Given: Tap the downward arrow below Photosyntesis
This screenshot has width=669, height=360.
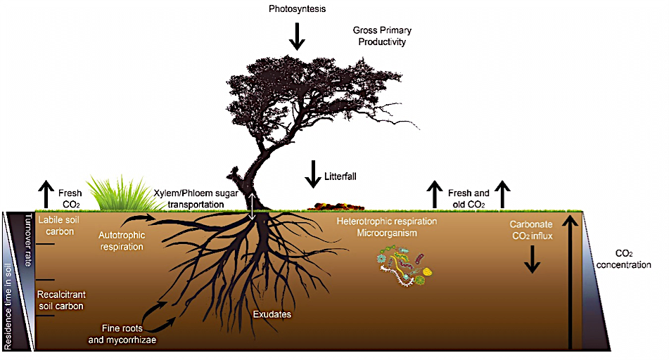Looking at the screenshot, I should tap(297, 36).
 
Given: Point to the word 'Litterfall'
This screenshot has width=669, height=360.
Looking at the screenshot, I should tap(340, 176).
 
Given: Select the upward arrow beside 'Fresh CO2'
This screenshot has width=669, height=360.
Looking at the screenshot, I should tap(46, 194).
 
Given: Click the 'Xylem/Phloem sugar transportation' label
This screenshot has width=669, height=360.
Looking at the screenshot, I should tap(189, 198).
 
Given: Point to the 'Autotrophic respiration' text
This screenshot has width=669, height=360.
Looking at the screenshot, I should tap(121, 240).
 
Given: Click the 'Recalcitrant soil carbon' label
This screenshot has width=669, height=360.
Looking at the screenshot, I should tap(60, 300).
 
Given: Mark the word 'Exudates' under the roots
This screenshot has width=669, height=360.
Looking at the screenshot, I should tap(272, 314).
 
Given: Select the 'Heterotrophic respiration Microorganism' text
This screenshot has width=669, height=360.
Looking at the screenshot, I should tap(387, 226).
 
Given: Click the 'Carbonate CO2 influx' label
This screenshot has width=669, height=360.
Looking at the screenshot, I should tap(531, 231).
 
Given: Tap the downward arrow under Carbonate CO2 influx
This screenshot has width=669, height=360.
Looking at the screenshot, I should tap(532, 261).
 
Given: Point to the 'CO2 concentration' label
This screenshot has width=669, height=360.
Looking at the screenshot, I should tap(633, 259).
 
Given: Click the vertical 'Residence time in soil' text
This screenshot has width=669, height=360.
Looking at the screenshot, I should tap(9, 307).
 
